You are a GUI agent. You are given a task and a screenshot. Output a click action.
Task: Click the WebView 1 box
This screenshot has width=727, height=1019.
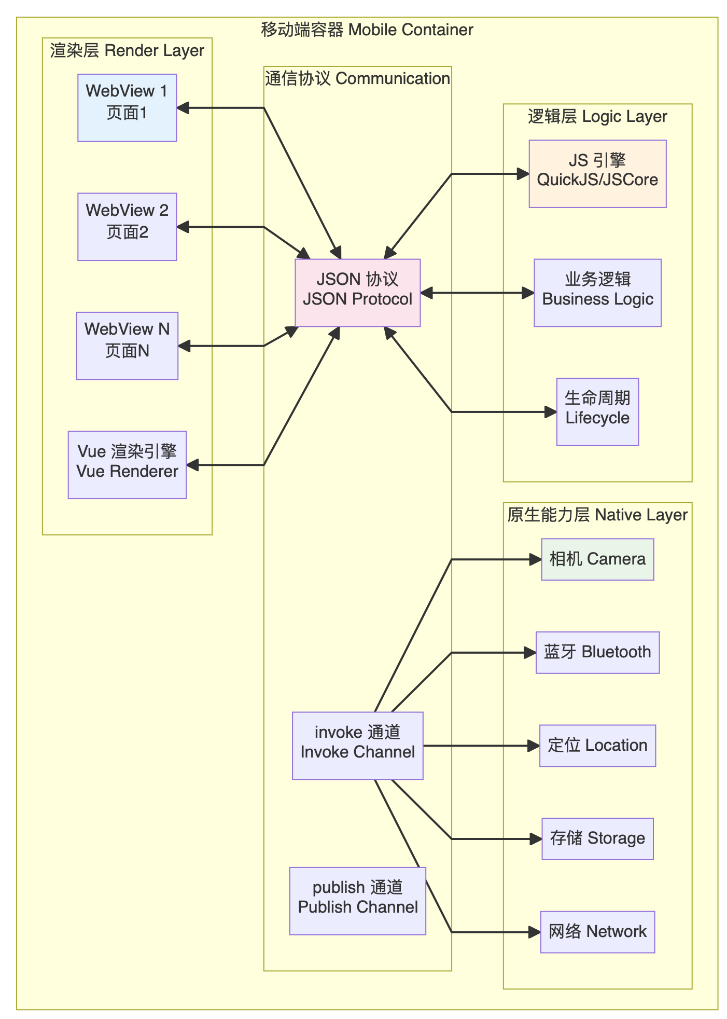coord(127,108)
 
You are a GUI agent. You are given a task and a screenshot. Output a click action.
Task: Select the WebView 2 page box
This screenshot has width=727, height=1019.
coord(127,227)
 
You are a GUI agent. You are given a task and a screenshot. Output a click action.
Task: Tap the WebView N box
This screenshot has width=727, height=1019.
coord(127,346)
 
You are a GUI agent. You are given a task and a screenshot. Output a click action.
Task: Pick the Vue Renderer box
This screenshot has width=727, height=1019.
coord(127,465)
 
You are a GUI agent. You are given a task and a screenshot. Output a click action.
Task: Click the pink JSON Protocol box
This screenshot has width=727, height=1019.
coord(357,293)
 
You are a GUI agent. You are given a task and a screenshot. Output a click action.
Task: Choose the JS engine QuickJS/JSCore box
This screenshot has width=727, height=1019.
coord(597,174)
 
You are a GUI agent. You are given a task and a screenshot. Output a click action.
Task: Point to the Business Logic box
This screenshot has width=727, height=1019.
coord(597,293)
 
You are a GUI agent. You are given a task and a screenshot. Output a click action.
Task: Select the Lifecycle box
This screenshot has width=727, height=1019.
coord(597,412)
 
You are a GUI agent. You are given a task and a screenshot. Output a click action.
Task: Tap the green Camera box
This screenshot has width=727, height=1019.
coord(597,559)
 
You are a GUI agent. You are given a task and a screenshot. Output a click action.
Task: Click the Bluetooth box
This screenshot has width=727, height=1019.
coord(597,653)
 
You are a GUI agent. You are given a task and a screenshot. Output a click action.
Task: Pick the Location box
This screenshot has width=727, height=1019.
coord(597,746)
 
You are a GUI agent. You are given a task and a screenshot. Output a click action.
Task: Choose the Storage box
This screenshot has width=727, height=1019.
coord(597,839)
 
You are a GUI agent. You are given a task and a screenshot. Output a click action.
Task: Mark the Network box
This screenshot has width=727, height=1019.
coord(597,932)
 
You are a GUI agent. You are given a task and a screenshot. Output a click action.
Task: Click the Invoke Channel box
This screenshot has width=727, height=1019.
coord(357,746)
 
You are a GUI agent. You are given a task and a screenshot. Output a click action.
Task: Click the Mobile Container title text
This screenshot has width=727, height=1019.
coord(367,30)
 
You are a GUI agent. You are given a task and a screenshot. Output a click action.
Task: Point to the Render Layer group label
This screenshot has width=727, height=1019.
coord(127,51)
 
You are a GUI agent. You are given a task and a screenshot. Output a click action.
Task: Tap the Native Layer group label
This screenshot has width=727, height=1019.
coord(597,515)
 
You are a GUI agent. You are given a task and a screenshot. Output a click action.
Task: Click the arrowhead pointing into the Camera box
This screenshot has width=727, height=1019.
coord(536,559)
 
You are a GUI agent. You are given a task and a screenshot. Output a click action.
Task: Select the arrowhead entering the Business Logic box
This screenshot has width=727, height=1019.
coord(528,293)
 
